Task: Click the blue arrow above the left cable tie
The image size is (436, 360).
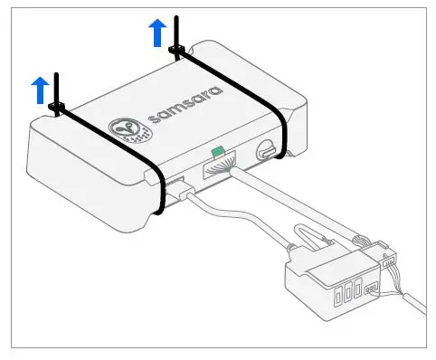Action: pyautogui.click(x=40, y=89)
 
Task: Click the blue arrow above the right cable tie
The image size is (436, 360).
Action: pyautogui.click(x=157, y=33)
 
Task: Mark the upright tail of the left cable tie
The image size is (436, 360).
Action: pyautogui.click(x=57, y=89)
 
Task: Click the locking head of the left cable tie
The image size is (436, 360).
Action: pyautogui.click(x=56, y=110)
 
